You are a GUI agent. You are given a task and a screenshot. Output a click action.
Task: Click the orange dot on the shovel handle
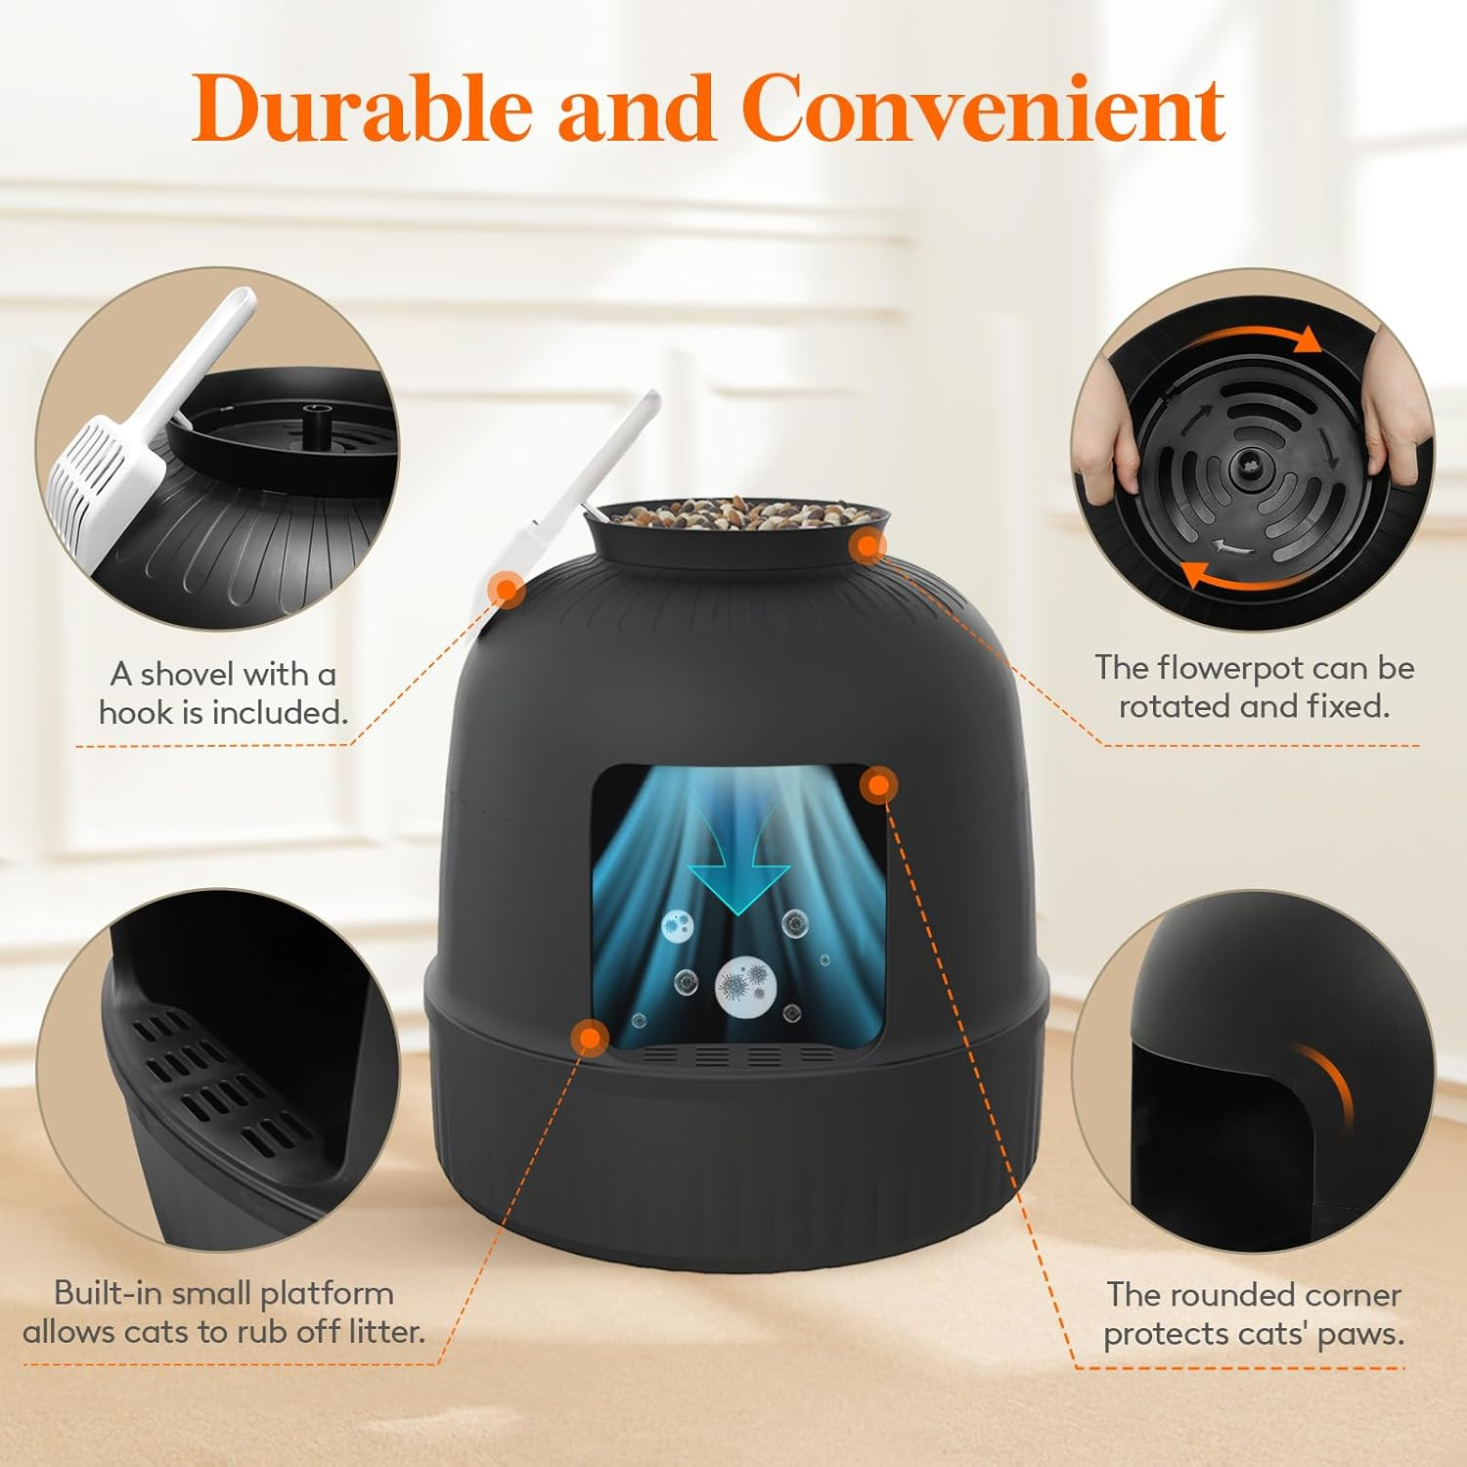point(506,589)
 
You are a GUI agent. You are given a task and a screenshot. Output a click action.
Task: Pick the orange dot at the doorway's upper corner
point(878,784)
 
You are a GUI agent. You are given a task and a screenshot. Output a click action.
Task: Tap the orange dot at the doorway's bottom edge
point(589,1038)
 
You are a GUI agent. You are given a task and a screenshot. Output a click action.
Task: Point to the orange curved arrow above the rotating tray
point(1262,337)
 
